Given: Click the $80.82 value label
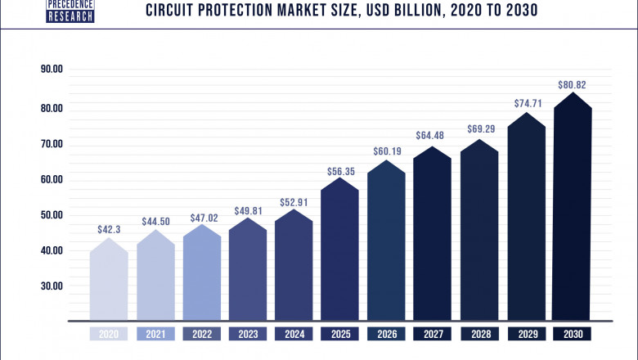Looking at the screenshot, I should [x=572, y=84].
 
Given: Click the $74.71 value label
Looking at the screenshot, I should [x=525, y=104].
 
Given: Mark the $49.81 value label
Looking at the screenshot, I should [x=248, y=210].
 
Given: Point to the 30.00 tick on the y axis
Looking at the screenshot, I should [x=52, y=286].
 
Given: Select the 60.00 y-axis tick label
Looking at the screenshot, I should [x=52, y=179].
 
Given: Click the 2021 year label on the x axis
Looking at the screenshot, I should [x=155, y=334].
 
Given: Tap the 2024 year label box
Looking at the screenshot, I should [x=294, y=334].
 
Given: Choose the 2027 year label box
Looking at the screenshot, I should [x=433, y=334].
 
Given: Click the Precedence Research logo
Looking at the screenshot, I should [x=70, y=11].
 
